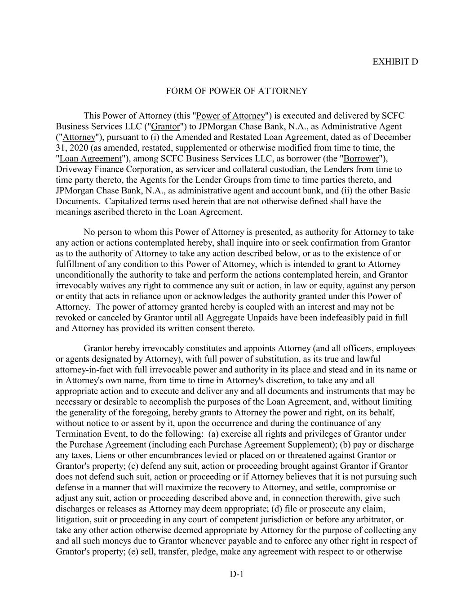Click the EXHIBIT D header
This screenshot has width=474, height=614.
tap(395, 62)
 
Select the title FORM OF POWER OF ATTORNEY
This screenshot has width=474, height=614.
tap(237, 91)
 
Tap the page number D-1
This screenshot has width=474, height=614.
tap(236, 574)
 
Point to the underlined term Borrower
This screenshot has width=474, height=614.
tap(361, 159)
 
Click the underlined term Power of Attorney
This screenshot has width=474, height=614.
tap(230, 116)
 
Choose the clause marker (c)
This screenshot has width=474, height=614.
tap(133, 466)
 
